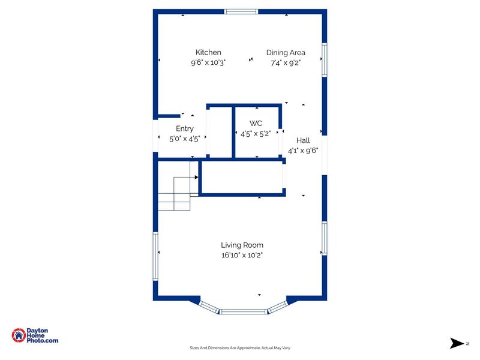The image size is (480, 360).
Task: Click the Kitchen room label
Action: [x=208, y=52]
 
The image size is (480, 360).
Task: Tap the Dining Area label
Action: [x=286, y=52]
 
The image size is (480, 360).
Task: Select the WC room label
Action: [x=256, y=123]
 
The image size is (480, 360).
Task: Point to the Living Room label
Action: [x=242, y=245]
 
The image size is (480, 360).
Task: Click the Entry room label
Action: [x=185, y=128]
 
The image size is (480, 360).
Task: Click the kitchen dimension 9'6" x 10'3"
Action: [x=208, y=62]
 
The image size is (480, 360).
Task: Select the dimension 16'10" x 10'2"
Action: [x=242, y=254]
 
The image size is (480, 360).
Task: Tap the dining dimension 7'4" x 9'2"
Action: [x=286, y=62]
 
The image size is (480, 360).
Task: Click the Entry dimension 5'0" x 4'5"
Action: [x=185, y=138]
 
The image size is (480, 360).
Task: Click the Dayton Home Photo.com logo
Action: [x=35, y=335]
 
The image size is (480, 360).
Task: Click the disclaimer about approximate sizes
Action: [x=240, y=348]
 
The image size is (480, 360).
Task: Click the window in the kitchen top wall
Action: [x=241, y=11]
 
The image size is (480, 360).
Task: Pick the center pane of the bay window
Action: [x=242, y=311]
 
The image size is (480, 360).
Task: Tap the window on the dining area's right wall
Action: [x=324, y=59]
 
